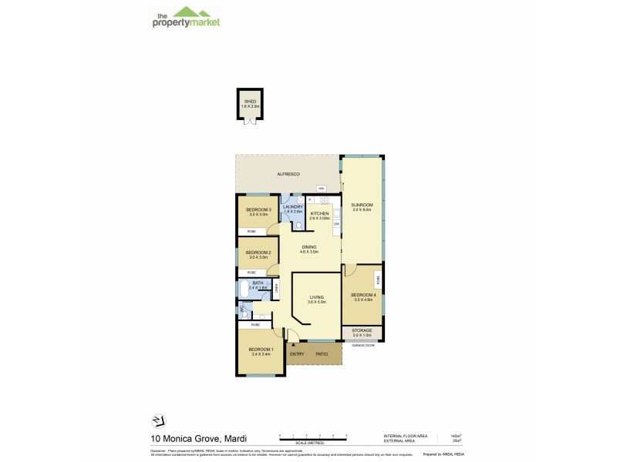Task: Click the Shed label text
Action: (x=251, y=100)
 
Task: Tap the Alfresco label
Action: (x=288, y=176)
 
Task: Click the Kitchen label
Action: (x=319, y=213)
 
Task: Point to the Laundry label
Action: (x=293, y=206)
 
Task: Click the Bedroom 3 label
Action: (x=258, y=209)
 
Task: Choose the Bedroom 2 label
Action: (x=258, y=253)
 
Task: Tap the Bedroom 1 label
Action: (x=261, y=350)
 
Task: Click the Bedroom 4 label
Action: (x=362, y=295)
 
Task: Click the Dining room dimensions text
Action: (x=308, y=252)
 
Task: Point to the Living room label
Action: (x=317, y=297)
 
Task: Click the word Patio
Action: (x=322, y=353)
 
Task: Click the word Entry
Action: (x=297, y=353)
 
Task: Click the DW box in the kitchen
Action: (x=336, y=223)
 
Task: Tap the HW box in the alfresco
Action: (x=320, y=189)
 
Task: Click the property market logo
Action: (x=184, y=17)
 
